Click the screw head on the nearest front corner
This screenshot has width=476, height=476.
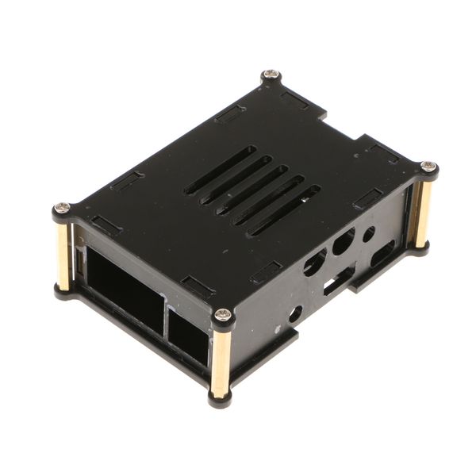click(x=224, y=316)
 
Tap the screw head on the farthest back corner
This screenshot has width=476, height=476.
click(x=271, y=76)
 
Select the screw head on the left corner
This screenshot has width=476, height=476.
click(x=62, y=209)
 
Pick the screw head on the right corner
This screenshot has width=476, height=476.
click(x=428, y=167)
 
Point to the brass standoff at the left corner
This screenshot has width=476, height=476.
click(x=63, y=251)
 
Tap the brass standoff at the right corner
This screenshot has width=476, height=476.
click(x=423, y=207)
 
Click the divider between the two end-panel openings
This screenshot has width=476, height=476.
click(x=163, y=313)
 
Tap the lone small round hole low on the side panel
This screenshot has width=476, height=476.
click(x=295, y=313)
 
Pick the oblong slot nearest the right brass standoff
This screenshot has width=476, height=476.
click(x=383, y=255)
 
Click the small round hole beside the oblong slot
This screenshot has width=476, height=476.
click(x=369, y=234)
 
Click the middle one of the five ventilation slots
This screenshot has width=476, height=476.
click(x=252, y=189)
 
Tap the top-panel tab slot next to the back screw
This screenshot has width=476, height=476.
click(x=295, y=100)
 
